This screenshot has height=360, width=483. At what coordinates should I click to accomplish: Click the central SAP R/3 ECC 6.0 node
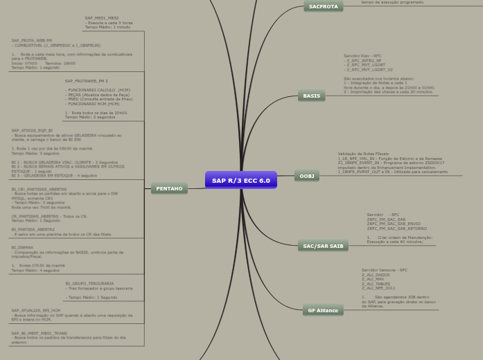click(240, 181)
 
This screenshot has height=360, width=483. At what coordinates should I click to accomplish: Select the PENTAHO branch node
click(169, 188)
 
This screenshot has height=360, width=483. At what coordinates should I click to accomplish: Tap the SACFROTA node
click(323, 6)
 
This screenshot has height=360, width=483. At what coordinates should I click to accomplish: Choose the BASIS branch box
click(311, 96)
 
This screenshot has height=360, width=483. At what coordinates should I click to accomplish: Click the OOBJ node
click(306, 177)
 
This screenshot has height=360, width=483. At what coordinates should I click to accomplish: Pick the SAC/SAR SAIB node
click(323, 246)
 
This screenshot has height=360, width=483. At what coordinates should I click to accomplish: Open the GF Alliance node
click(323, 310)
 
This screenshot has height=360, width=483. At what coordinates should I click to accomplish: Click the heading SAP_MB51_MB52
click(102, 18)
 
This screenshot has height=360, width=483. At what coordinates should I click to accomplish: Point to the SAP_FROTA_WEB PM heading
click(32, 41)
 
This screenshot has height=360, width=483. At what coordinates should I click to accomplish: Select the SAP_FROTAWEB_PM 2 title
click(87, 81)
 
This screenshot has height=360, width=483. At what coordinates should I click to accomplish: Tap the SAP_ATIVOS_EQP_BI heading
click(32, 130)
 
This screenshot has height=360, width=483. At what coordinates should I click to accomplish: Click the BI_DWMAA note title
click(22, 247)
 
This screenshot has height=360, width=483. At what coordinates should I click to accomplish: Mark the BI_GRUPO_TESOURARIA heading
click(89, 283)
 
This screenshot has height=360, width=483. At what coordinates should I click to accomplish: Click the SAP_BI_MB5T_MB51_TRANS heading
click(39, 333)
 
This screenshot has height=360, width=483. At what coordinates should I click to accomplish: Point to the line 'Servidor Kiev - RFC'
click(362, 55)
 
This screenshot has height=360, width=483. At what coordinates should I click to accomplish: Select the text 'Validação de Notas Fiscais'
click(363, 153)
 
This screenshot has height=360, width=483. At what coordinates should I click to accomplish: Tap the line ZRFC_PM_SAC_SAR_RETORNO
click(398, 228)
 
